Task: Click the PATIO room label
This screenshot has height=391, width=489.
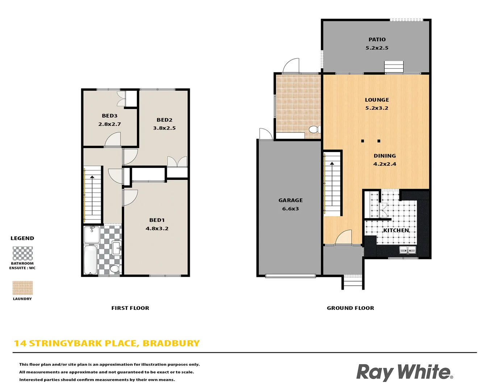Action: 377,39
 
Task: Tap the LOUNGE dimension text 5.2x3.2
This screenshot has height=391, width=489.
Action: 377,108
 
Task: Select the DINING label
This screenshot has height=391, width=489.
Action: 385,156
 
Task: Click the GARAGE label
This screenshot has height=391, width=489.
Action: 291,200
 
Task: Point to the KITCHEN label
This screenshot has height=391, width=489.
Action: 396,230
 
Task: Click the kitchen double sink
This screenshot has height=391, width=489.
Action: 407,250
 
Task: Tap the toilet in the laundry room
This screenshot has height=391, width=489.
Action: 314,129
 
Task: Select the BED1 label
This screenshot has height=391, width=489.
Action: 157,220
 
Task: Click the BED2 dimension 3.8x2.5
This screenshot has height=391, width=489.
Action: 164,128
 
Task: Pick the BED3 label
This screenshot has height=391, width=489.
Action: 109,116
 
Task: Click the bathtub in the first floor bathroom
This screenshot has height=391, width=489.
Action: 90,260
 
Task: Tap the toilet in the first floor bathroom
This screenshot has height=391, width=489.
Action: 115,268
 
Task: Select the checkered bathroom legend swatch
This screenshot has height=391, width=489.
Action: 22,253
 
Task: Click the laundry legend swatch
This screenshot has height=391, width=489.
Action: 22,288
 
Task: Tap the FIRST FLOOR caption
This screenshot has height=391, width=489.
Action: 130,308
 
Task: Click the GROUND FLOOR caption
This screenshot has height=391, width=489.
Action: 350,308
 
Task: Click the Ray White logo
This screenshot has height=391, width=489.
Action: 404,372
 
